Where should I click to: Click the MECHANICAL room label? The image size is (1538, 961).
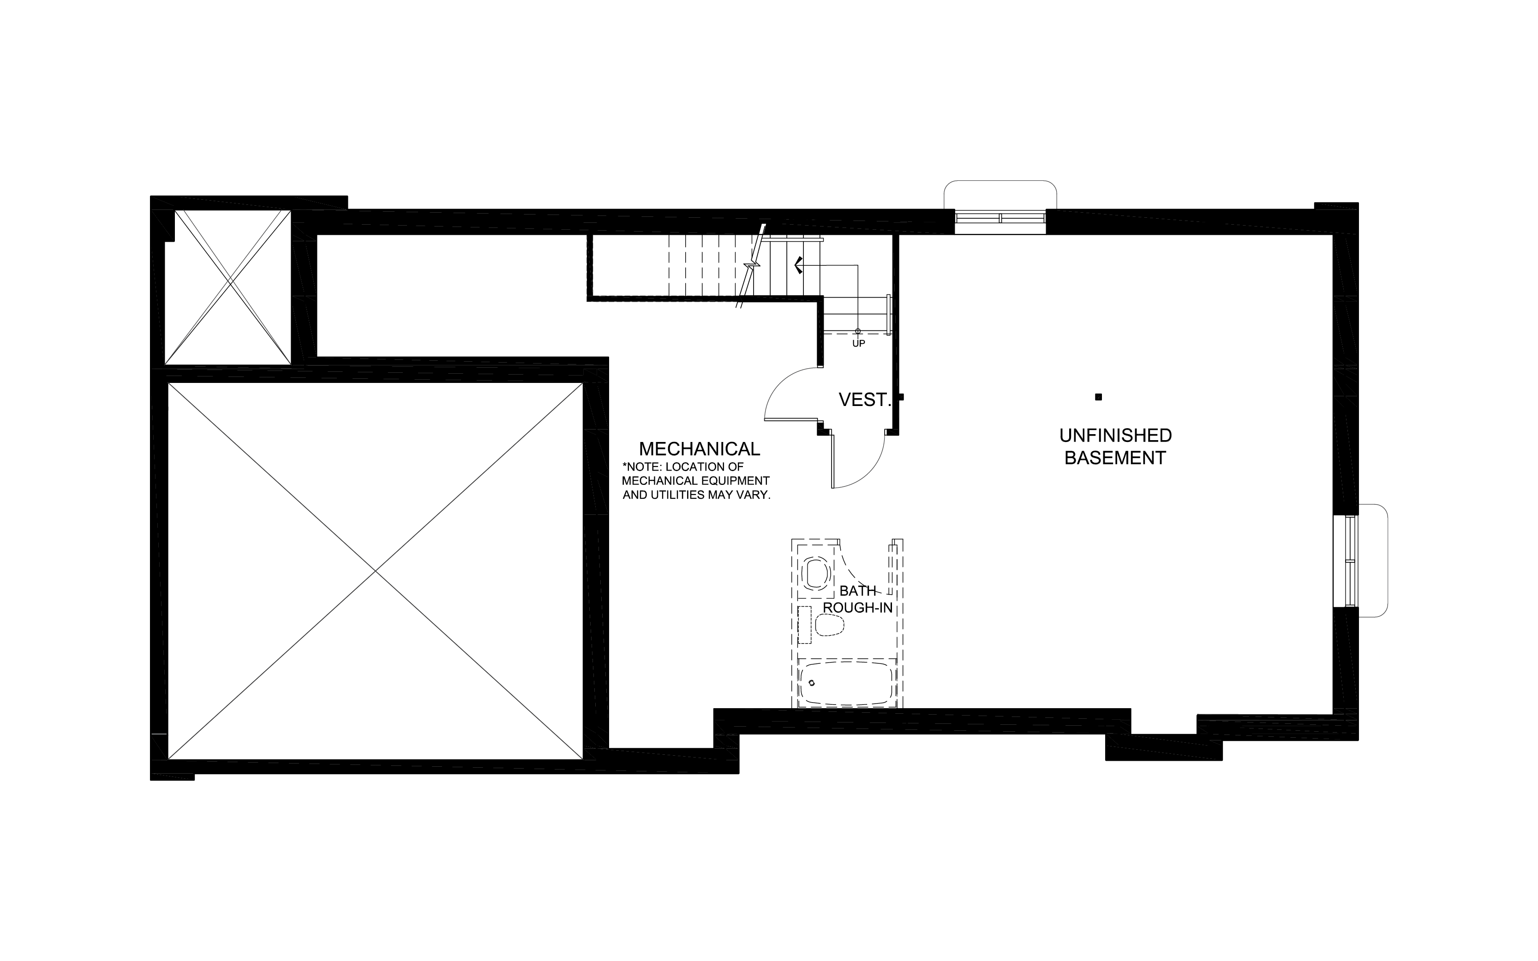[699, 449]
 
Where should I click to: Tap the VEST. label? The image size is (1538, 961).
[864, 400]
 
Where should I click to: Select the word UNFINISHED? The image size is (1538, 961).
[1115, 436]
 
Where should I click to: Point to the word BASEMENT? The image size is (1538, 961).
[1115, 458]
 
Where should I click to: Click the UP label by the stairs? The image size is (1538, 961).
[859, 343]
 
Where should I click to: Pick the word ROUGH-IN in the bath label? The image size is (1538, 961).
[858, 608]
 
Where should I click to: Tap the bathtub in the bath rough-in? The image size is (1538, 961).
[847, 683]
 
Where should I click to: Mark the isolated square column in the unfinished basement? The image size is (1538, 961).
[1098, 397]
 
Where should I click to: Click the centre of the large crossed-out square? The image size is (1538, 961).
[376, 571]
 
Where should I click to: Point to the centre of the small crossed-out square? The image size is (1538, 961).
[227, 287]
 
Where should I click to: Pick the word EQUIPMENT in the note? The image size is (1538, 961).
[736, 481]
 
